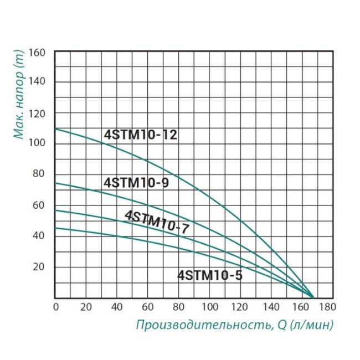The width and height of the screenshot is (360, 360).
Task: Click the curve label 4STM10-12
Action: [x=141, y=135]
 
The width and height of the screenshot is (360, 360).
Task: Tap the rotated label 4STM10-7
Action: [x=156, y=222]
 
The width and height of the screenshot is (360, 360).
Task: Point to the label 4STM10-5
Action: [x=210, y=274]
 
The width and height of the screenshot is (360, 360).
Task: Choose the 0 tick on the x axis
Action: [x=55, y=307]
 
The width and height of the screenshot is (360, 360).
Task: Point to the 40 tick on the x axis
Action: [x=117, y=307]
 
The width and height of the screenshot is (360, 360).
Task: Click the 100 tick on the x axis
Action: [x=209, y=307]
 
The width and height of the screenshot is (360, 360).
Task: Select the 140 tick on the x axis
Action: [x=271, y=307]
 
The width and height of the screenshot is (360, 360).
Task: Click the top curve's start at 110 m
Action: [x=55, y=129]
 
